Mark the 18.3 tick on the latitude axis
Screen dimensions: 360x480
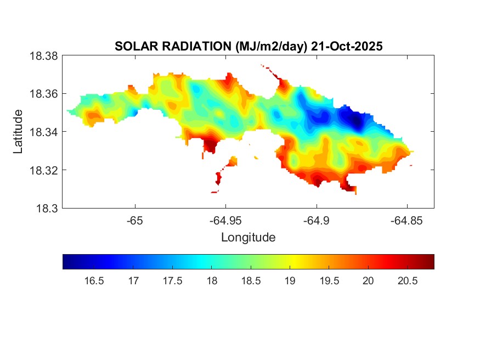click(47, 208)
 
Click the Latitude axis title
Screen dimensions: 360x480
click(19, 132)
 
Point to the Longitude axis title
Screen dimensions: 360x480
click(248, 238)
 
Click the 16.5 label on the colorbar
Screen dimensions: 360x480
click(94, 281)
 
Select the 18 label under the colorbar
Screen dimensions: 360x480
click(212, 281)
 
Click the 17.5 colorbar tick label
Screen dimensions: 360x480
click(172, 281)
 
